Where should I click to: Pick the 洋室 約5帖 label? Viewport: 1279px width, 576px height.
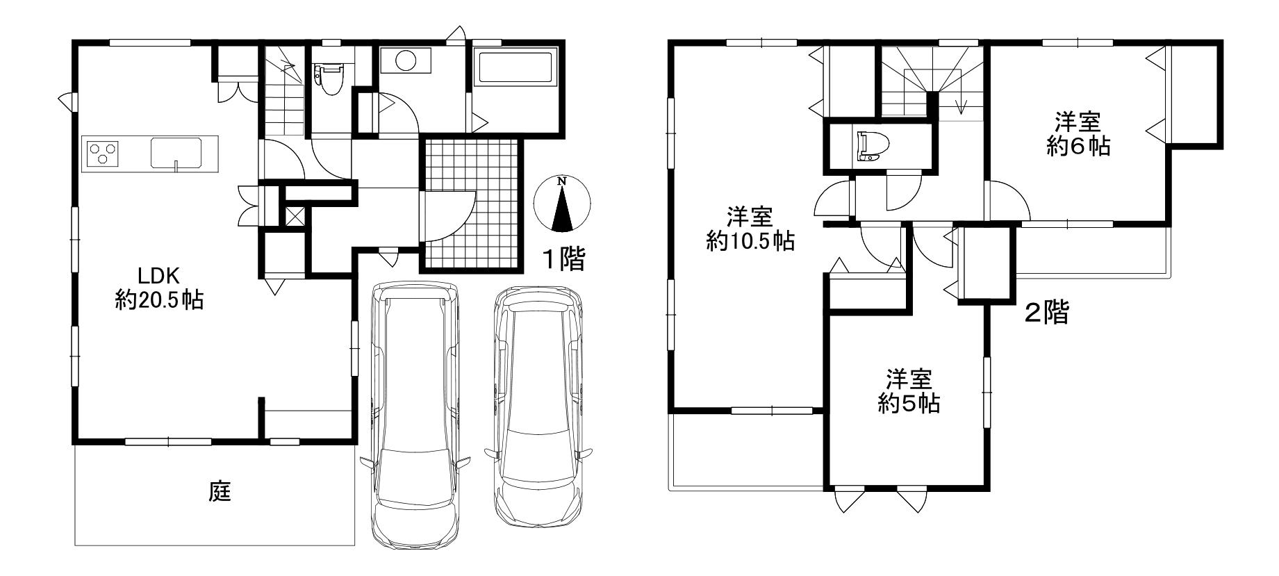909,391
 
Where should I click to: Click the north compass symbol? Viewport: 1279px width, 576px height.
562,204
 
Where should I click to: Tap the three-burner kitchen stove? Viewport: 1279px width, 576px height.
101,153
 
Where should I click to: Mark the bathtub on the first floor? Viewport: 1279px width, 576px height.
515,68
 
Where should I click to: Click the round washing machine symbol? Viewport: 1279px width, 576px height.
406,60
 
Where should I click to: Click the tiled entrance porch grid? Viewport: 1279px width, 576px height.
472,204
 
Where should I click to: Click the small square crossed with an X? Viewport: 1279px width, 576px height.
295,215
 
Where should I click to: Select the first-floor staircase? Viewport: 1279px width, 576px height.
285,91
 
